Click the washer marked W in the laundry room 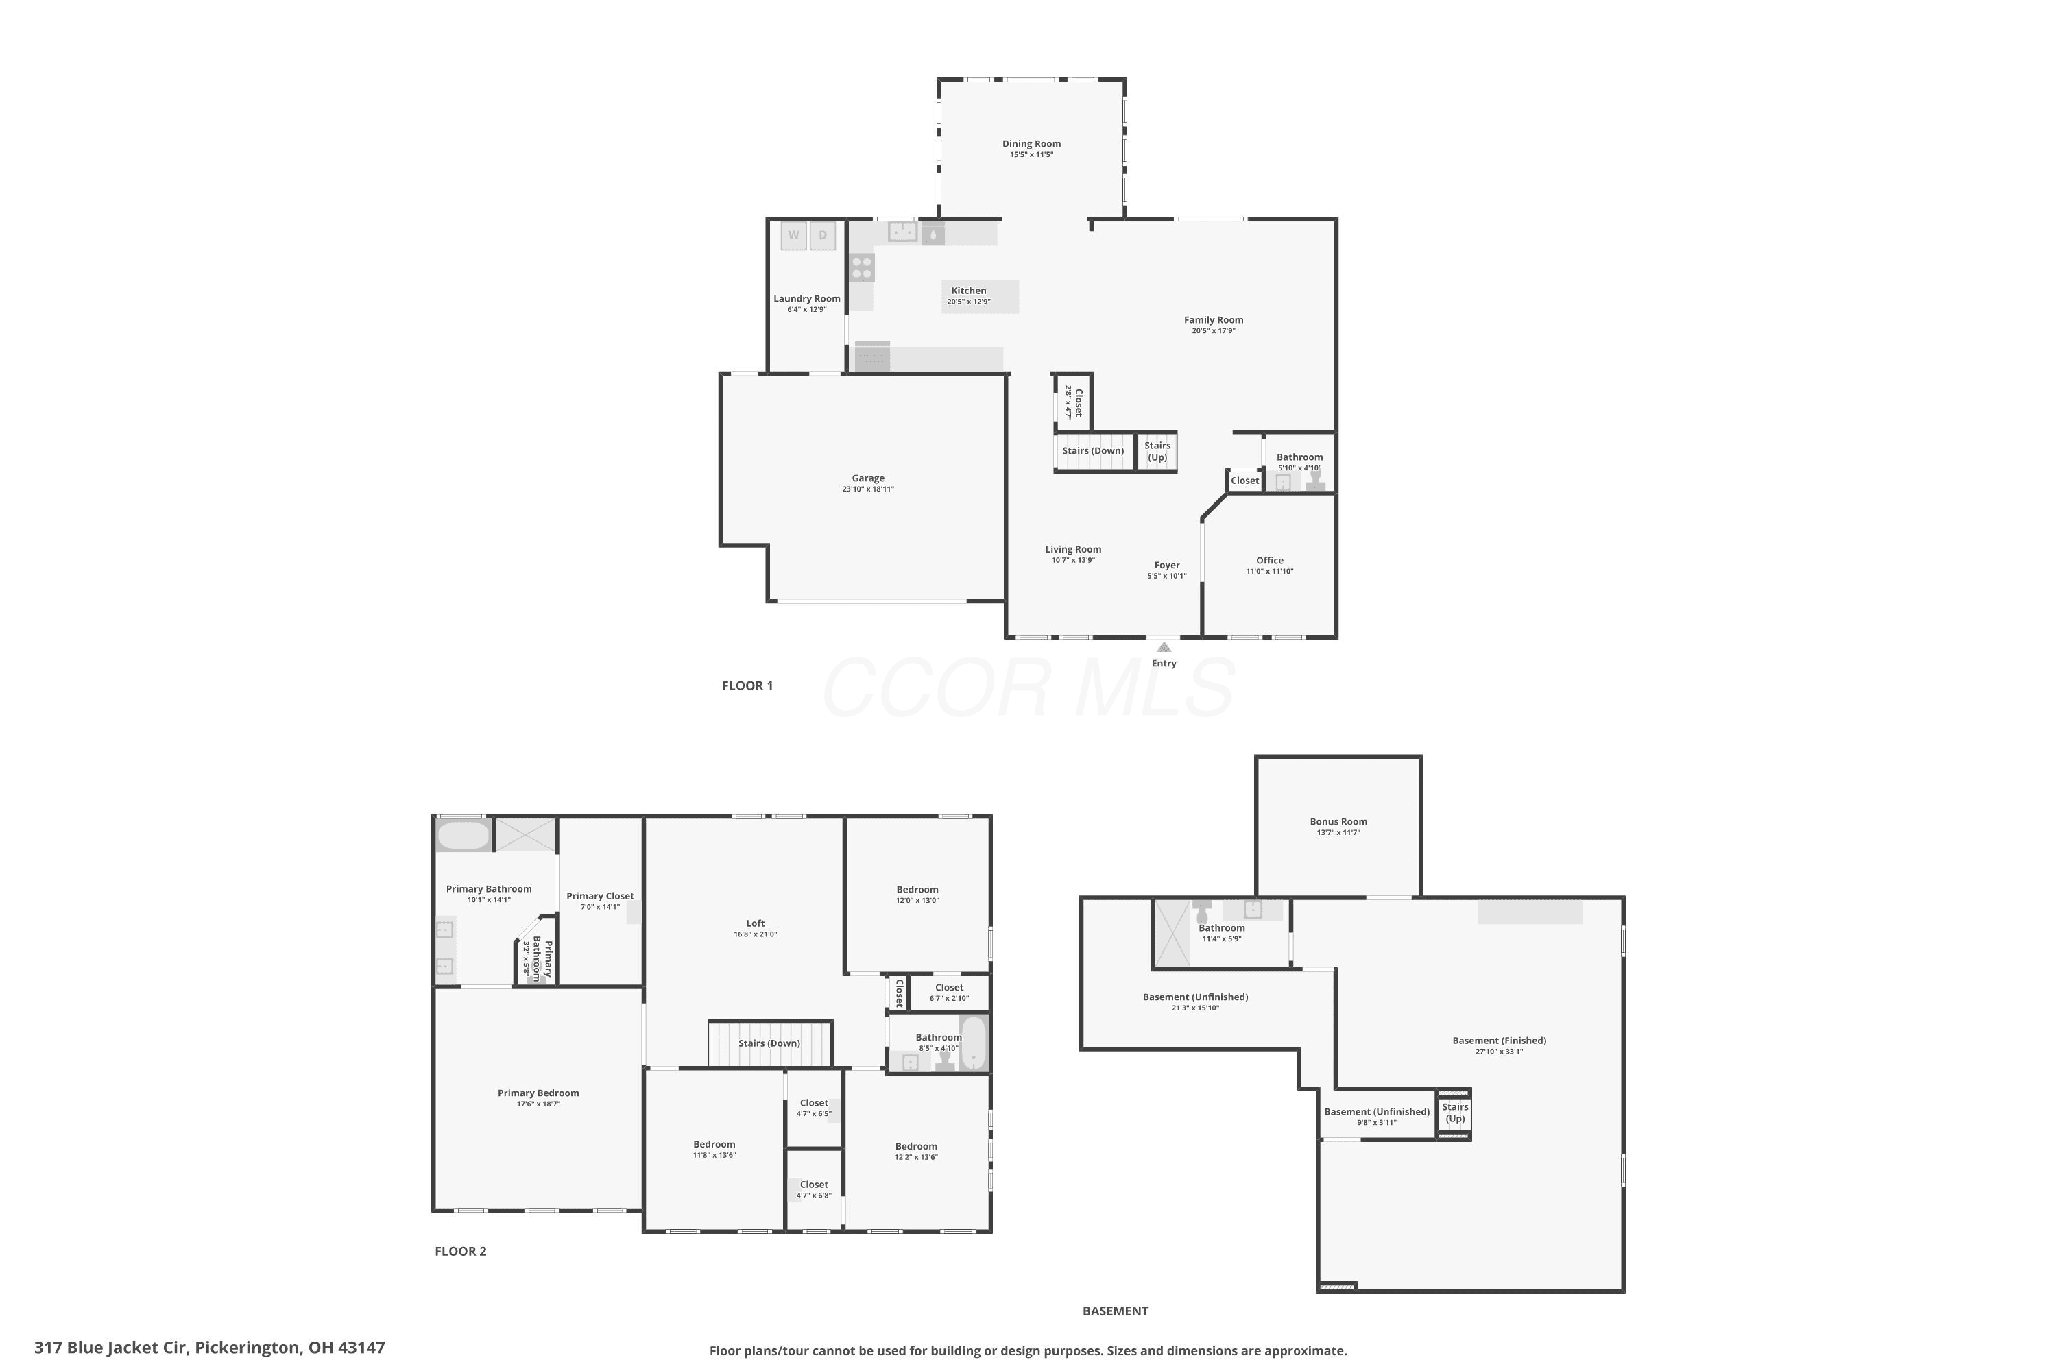click(793, 235)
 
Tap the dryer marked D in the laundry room click(823, 235)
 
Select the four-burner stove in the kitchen click(861, 267)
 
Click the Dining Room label click(1031, 143)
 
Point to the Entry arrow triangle click(1164, 647)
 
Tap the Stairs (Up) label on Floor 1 click(1157, 451)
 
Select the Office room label click(1270, 561)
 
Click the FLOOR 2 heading click(461, 1251)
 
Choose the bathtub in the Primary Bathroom click(464, 835)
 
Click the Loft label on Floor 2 click(756, 923)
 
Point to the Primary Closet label click(600, 896)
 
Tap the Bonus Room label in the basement click(1338, 822)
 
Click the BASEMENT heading click(1115, 1311)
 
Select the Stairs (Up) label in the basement click(1455, 1113)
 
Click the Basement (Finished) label click(1499, 1041)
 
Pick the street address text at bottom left click(210, 1348)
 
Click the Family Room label click(1213, 320)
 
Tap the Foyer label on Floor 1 click(1167, 566)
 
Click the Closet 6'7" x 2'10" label click(949, 993)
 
